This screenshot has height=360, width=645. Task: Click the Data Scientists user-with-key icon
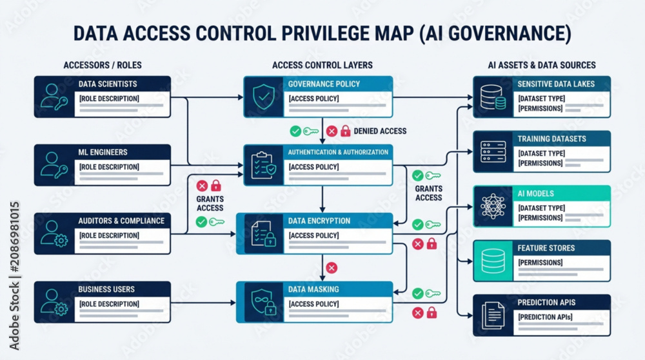[54, 97]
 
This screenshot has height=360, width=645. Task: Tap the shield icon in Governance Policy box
[264, 97]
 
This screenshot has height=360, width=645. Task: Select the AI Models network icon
[493, 206]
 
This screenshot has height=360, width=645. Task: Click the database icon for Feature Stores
[493, 261]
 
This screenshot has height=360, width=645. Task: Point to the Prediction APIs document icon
[493, 315]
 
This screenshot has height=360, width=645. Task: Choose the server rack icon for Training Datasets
[493, 152]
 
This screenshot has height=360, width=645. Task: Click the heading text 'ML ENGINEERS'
[103, 152]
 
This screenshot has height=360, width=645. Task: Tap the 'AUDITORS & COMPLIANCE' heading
[121, 221]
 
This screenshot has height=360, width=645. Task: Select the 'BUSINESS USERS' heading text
[106, 289]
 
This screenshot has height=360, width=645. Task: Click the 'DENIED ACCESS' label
[380, 131]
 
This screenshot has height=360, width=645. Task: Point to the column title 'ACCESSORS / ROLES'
[103, 65]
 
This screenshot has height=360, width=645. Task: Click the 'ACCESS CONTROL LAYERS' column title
[322, 65]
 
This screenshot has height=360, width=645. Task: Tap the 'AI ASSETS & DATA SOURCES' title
[542, 65]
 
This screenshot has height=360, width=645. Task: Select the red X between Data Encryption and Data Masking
[332, 268]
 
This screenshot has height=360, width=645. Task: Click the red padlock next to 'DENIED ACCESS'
[346, 131]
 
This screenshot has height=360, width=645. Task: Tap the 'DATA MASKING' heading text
[313, 289]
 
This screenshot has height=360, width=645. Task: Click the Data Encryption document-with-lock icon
[264, 234]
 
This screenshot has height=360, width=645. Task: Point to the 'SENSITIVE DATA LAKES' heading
[556, 84]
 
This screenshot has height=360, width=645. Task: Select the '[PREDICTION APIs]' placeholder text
[545, 317]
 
